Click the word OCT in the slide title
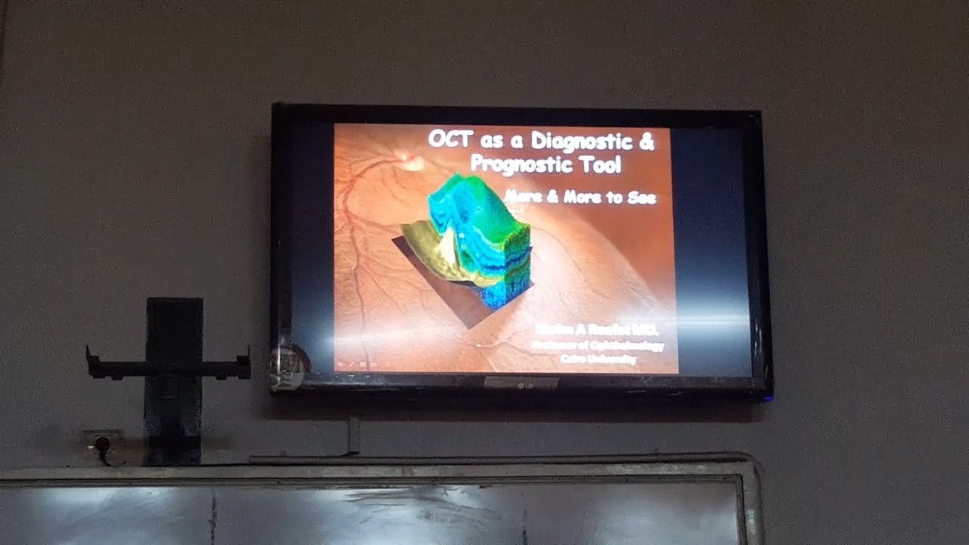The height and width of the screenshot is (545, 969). (x=451, y=139)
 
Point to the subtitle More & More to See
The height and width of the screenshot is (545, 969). (x=580, y=198)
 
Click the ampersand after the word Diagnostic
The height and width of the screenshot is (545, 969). (x=646, y=141)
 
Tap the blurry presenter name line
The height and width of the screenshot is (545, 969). (x=597, y=330)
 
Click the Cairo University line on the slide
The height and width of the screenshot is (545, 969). (x=598, y=360)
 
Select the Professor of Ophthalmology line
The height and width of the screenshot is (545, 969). (x=597, y=346)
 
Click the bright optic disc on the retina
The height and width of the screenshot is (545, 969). (x=410, y=158)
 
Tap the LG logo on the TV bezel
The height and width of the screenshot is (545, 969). (x=522, y=383)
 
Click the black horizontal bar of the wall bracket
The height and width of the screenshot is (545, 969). (x=168, y=369)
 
